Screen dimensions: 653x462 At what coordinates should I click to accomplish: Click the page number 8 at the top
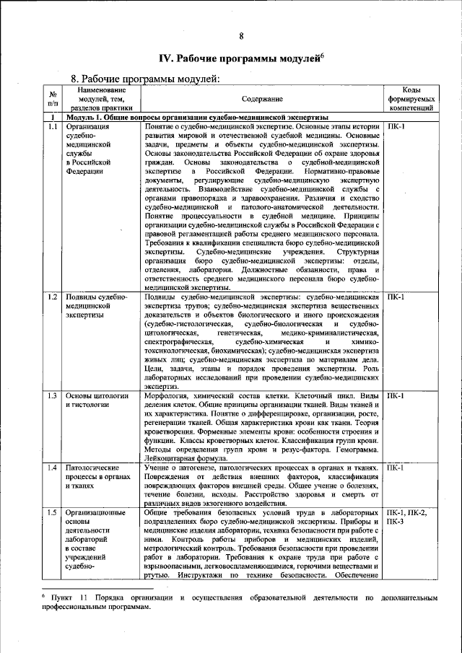point(242,36)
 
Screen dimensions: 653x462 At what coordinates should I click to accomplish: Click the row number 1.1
point(53,127)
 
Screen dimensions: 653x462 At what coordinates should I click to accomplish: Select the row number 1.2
point(53,297)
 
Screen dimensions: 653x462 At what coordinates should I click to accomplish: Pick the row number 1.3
point(53,396)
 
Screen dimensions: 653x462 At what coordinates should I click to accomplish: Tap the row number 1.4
point(53,468)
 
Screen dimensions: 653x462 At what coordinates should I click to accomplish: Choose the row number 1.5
point(53,512)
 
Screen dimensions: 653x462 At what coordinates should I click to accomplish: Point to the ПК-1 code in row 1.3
point(396,396)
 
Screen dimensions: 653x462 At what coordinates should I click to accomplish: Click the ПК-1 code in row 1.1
point(396,127)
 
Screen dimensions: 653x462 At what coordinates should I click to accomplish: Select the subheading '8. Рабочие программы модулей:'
point(144,79)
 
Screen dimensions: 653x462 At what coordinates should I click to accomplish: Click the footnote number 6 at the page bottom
point(43,597)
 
